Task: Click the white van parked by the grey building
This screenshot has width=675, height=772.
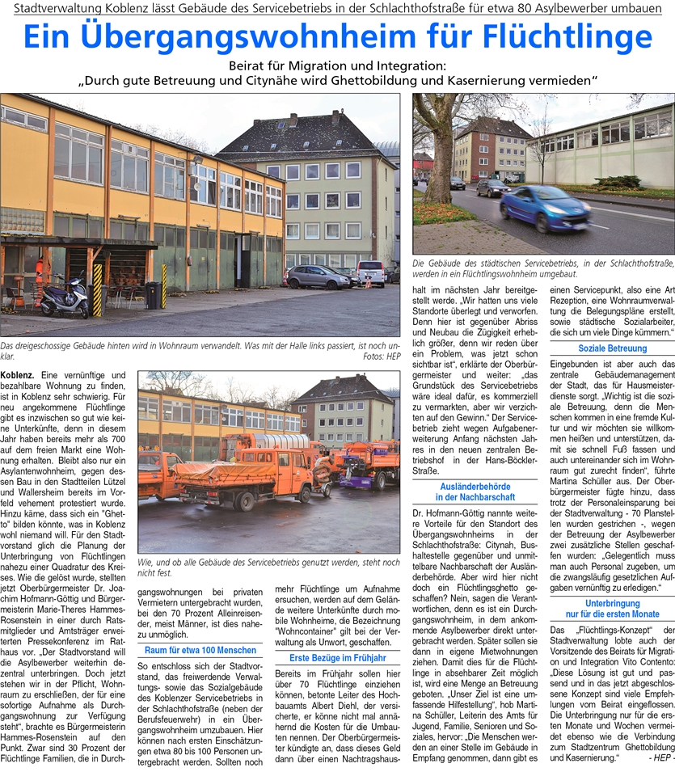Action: pos(371,272)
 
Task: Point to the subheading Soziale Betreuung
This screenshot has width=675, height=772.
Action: pos(612,348)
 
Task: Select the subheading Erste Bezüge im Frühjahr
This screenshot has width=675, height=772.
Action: pos(337,658)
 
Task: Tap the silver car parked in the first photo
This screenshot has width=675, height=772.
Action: pos(317,276)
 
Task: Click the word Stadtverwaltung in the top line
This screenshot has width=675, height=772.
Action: pos(53,7)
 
